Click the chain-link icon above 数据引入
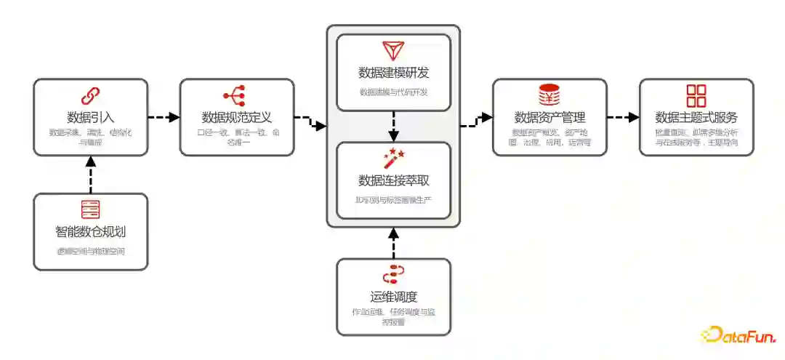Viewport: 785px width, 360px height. [91, 95]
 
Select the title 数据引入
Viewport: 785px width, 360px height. [91, 116]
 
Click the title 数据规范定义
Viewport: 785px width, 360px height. [237, 116]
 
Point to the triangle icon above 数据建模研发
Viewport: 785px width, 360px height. [393, 50]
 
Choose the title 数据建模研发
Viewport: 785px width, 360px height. [393, 72]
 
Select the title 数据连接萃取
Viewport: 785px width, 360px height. [393, 180]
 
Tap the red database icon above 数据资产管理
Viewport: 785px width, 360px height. [549, 95]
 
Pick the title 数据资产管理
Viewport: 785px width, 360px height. [549, 117]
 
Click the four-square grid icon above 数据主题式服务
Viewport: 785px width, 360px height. [696, 95]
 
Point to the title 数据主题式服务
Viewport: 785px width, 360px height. [696, 117]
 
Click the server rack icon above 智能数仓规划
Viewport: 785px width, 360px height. [91, 209]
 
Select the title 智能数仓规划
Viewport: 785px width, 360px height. [91, 232]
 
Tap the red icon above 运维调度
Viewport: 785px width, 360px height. [393, 274]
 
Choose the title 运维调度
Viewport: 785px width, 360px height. [393, 296]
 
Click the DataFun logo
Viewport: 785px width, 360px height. [738, 335]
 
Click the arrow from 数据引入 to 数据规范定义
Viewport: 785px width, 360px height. [164, 116]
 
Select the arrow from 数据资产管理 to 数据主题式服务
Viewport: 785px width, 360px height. [623, 116]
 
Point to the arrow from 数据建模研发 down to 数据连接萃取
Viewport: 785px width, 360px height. [393, 126]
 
